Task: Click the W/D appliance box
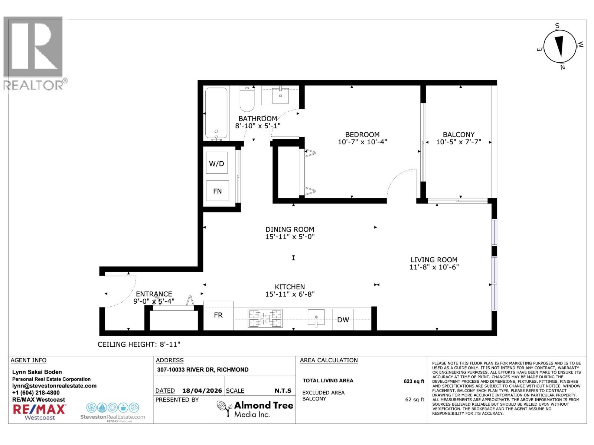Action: (x=217, y=163)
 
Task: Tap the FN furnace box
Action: (x=217, y=191)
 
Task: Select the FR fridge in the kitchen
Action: (x=218, y=315)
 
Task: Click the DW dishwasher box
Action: (x=343, y=319)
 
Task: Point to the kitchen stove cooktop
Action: (x=265, y=318)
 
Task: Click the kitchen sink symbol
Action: (x=316, y=317)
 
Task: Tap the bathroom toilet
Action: (x=247, y=99)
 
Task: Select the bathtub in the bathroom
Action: (x=216, y=113)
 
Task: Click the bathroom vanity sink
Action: (x=280, y=96)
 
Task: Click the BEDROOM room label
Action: (x=362, y=135)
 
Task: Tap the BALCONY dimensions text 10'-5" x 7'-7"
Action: (x=458, y=142)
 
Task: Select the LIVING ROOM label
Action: (x=434, y=260)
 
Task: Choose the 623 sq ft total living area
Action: (x=414, y=381)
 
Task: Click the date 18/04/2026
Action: (x=202, y=391)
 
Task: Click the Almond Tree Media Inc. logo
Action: (x=255, y=409)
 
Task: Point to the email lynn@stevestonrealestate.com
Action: (x=54, y=386)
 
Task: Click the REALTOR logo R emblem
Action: (x=33, y=47)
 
